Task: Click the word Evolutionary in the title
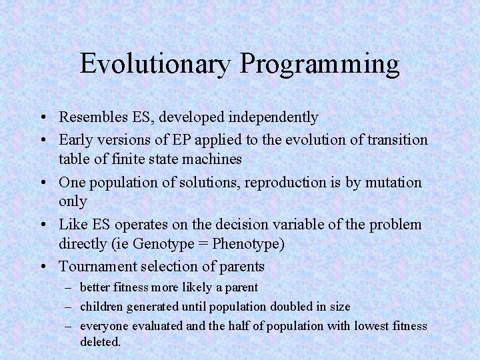[x=156, y=64]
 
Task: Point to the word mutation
[x=395, y=182]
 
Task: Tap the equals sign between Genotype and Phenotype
[x=203, y=245]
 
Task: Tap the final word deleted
[x=100, y=341]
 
